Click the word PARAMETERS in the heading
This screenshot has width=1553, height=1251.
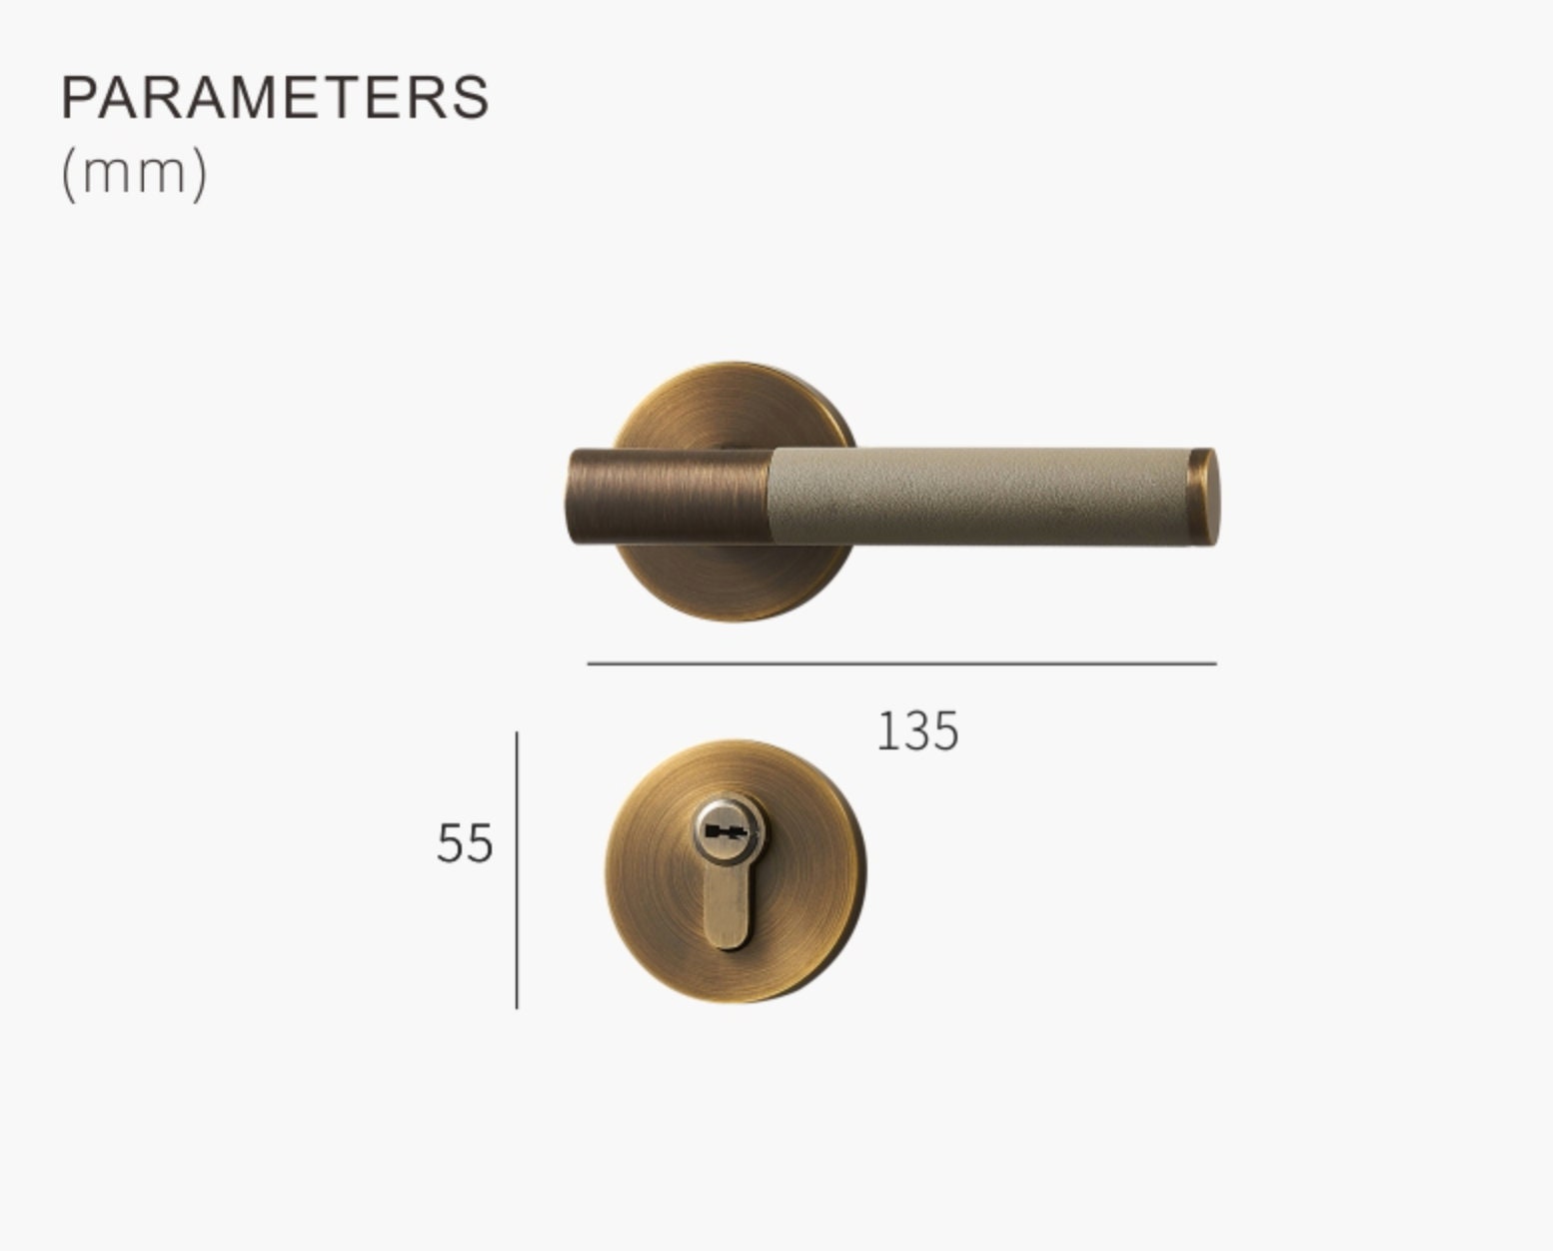tap(275, 97)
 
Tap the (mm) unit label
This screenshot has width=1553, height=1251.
tap(134, 173)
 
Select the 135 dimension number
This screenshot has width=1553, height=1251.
tap(917, 731)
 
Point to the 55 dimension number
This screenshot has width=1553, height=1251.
tap(465, 843)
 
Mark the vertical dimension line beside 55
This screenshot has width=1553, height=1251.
tap(517, 869)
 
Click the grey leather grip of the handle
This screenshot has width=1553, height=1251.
tap(979, 497)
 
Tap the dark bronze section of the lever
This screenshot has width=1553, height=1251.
tap(670, 497)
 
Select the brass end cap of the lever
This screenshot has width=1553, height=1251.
tap(1203, 497)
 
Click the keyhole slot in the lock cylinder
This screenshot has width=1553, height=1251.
tap(726, 831)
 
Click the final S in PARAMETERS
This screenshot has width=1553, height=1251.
tap(472, 97)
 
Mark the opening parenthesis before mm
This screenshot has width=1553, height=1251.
tap(68, 174)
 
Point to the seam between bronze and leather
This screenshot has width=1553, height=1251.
tap(773, 497)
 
